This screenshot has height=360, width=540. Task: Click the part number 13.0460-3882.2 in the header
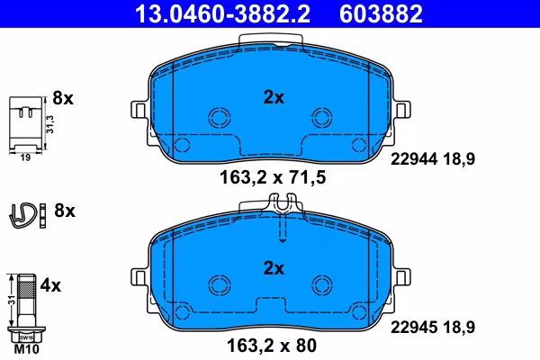(x=222, y=13)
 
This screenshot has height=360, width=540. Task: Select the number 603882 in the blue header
(x=381, y=13)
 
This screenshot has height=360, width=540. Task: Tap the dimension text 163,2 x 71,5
(x=273, y=178)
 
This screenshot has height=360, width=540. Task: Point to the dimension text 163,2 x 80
(x=272, y=346)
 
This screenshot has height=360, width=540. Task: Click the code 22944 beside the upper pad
(x=414, y=159)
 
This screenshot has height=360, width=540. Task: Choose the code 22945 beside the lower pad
(x=414, y=327)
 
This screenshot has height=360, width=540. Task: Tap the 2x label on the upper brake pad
(x=274, y=97)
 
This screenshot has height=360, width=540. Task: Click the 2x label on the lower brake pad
(x=274, y=268)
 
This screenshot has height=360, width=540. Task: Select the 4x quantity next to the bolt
(x=50, y=285)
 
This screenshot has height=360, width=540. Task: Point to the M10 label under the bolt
(x=27, y=349)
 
